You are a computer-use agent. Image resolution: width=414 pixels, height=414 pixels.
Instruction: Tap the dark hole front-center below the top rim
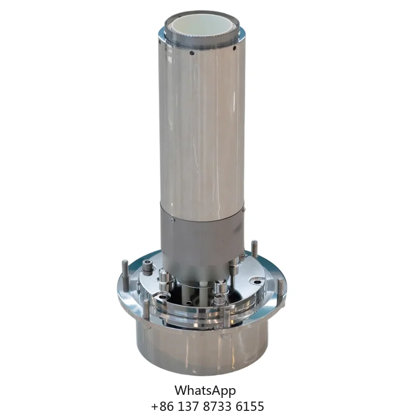pyautogui.click(x=192, y=53)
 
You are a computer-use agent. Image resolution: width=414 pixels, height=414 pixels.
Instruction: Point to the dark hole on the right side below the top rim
pyautogui.click(x=234, y=48)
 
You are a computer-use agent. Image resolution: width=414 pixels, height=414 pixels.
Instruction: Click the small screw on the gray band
pyautogui.click(x=172, y=219)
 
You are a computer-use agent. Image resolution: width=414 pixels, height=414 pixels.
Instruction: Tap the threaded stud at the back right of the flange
pyautogui.click(x=254, y=249)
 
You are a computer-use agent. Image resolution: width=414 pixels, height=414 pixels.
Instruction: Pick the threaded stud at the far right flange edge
pyautogui.click(x=280, y=290)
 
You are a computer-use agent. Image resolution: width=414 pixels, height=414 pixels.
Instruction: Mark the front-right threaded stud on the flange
pyautogui.click(x=227, y=319)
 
